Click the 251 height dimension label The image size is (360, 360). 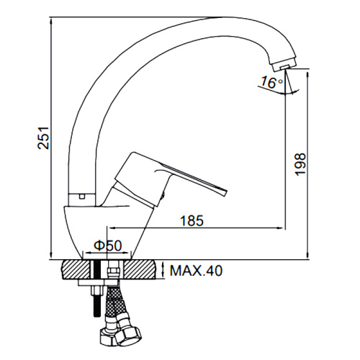tap(45, 138)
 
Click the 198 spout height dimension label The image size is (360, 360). tap(300, 164)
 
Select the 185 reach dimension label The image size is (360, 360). tap(192, 220)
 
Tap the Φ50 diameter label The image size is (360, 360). tap(108, 246)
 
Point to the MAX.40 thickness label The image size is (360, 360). tap(196, 271)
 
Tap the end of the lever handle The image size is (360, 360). tap(224, 191)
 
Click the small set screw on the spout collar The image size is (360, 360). tap(82, 197)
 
